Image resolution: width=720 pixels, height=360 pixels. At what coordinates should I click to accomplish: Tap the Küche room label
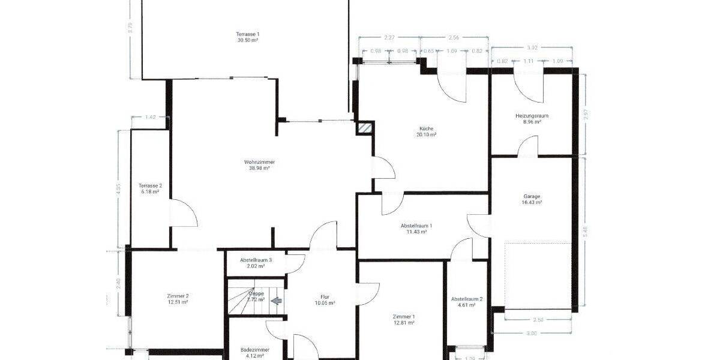pos(426,128)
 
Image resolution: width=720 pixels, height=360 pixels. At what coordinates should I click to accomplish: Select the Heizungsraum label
pos(532,115)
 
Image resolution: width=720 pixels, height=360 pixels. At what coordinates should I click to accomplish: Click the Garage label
pos(532,196)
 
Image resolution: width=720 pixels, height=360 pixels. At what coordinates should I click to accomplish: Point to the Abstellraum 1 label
pos(416,226)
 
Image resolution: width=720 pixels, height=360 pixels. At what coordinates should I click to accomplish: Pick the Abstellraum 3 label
pos(256,260)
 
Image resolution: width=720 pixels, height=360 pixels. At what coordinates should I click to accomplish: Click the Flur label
pos(325,296)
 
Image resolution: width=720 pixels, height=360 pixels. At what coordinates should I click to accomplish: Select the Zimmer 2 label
pos(178,296)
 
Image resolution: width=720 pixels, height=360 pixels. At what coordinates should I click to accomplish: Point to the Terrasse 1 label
pos(248,34)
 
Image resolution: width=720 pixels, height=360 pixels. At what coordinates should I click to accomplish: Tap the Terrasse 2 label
pos(150,185)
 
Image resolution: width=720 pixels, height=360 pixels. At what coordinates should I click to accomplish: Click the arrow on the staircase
pos(276,301)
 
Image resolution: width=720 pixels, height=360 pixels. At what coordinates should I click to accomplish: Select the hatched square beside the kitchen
pos(364,127)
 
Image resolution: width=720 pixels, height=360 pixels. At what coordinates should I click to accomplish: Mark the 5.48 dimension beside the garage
pos(586,232)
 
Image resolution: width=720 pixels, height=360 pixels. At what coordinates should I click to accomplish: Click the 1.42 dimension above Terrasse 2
pos(151,117)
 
